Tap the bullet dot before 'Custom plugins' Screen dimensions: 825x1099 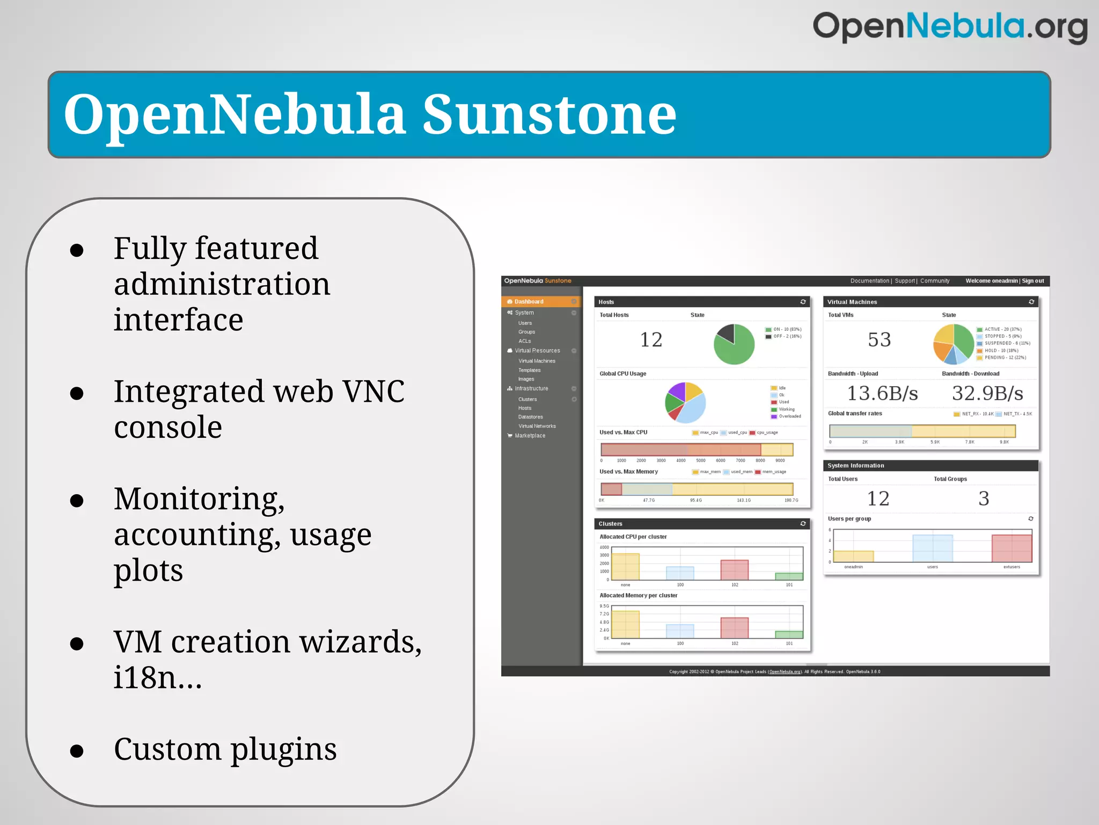(x=77, y=750)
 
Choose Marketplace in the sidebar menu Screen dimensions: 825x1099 (x=530, y=436)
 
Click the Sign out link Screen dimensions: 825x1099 (x=1032, y=281)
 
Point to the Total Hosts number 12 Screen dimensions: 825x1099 (x=651, y=339)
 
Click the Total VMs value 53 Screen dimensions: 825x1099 (x=879, y=339)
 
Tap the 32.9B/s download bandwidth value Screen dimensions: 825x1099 (x=987, y=393)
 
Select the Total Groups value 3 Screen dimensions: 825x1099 (x=983, y=498)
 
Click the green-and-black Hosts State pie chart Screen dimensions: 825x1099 (x=734, y=344)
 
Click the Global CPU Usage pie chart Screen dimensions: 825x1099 (x=685, y=402)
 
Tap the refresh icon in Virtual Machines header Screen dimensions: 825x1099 (x=1031, y=302)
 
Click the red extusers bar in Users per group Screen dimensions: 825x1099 (x=1012, y=548)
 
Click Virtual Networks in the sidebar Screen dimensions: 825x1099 (x=537, y=426)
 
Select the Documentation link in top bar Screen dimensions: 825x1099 (x=869, y=281)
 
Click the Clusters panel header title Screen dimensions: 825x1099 (x=610, y=524)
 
